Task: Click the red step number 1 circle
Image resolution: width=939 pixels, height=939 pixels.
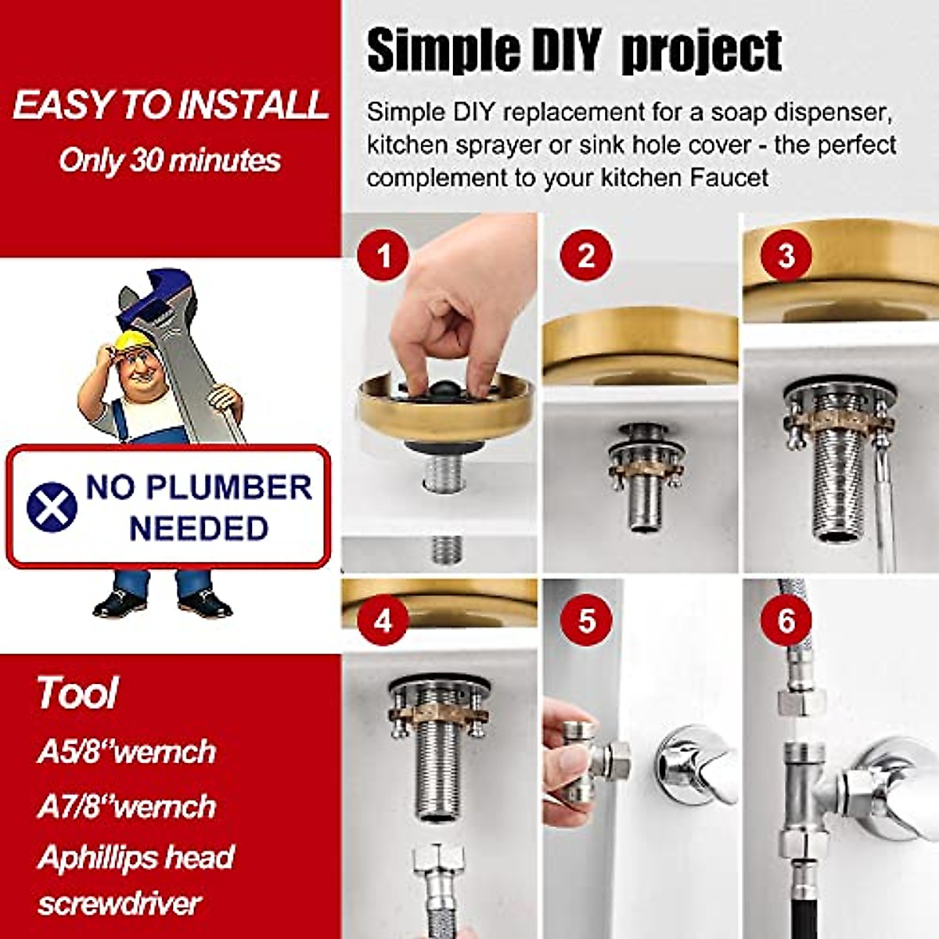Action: pyautogui.click(x=383, y=255)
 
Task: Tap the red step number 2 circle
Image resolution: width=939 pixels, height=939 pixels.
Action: pyautogui.click(x=586, y=255)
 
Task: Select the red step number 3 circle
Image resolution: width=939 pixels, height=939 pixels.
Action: pyautogui.click(x=786, y=255)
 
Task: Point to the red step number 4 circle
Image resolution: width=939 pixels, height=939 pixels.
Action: pyautogui.click(x=383, y=621)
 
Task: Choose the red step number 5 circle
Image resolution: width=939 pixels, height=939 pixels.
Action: pyautogui.click(x=586, y=621)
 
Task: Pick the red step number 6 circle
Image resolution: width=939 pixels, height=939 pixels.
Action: pyautogui.click(x=786, y=621)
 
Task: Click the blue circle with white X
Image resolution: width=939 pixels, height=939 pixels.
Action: pyautogui.click(x=52, y=506)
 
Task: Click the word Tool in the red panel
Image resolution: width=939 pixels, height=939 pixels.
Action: pyautogui.click(x=77, y=693)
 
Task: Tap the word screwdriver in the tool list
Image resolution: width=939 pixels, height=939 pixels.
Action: pyautogui.click(x=119, y=904)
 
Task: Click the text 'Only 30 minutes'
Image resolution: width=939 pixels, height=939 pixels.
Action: pyautogui.click(x=170, y=160)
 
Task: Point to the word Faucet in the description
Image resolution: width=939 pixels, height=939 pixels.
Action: pyautogui.click(x=729, y=178)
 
